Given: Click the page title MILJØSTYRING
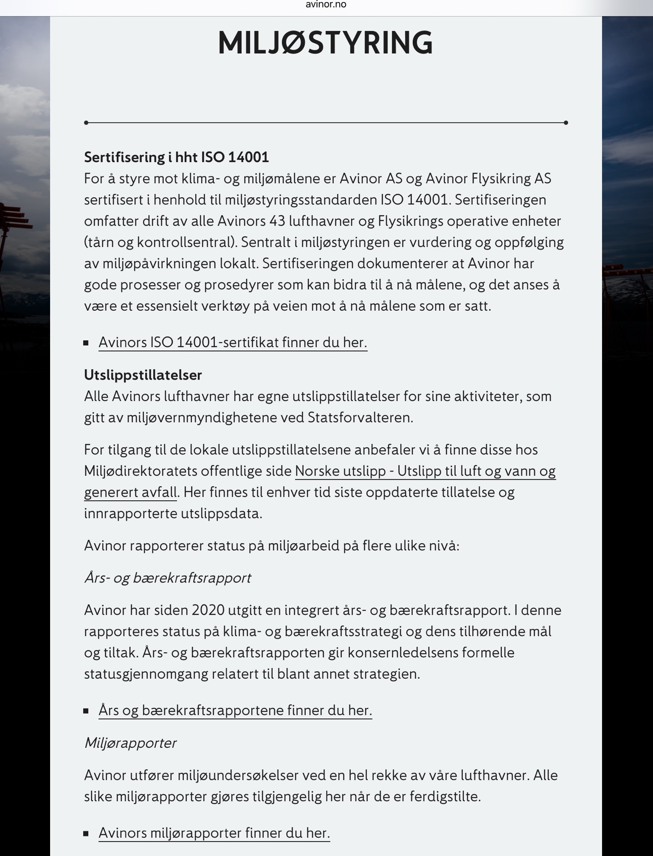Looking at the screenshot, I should click(325, 43).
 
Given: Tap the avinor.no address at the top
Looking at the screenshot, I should click(326, 5).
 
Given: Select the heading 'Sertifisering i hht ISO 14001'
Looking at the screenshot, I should click(176, 158).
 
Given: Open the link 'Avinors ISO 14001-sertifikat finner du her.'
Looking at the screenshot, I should click(233, 342).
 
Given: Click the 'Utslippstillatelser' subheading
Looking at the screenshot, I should click(143, 375).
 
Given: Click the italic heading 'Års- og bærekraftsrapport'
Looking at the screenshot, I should click(167, 578).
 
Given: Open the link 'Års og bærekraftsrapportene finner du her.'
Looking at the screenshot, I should click(235, 710).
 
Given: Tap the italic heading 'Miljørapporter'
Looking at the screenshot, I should click(130, 743).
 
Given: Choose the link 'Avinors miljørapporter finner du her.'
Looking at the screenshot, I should click(214, 833).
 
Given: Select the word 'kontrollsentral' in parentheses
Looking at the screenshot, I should click(185, 243).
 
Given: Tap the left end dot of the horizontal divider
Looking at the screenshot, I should click(86, 123).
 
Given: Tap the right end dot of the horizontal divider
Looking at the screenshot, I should click(566, 123).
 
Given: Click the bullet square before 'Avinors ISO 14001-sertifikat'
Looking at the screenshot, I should click(86, 343).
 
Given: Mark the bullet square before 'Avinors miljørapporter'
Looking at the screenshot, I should click(86, 833).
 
